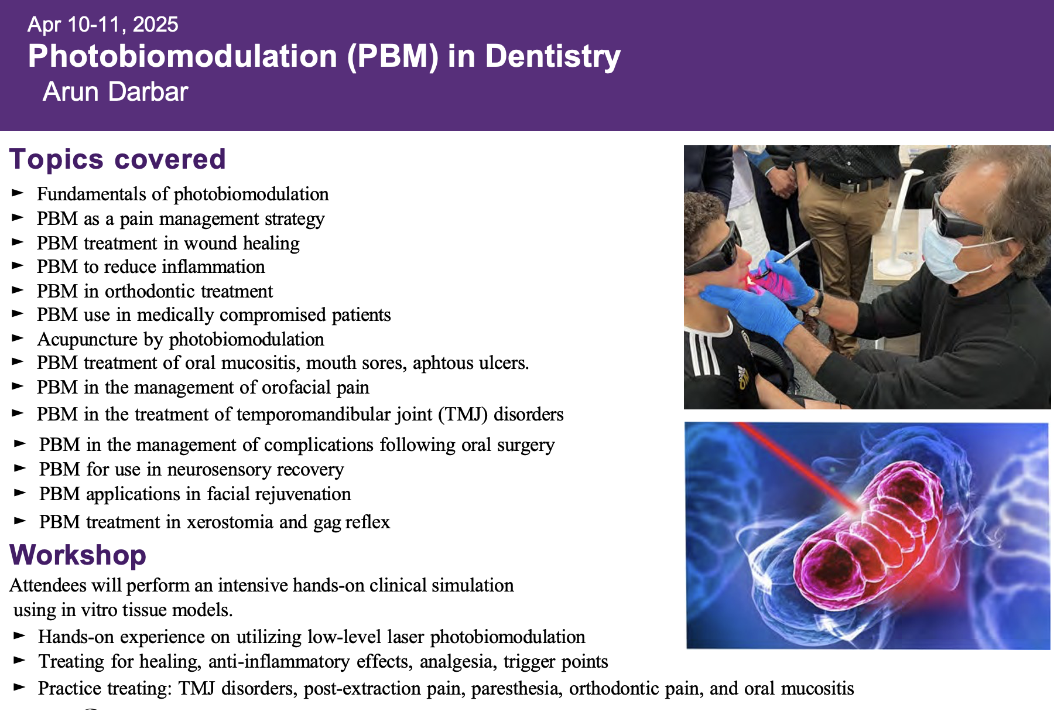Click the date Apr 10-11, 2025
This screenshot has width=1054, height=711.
102,25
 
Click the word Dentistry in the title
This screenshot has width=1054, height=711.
553,56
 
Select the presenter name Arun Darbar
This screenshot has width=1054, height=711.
115,92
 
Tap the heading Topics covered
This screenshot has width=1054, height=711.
118,159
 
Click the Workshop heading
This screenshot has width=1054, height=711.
78,555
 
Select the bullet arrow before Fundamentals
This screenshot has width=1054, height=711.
18,193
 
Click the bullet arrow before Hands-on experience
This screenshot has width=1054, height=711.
19,636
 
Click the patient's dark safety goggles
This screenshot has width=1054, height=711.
717,249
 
